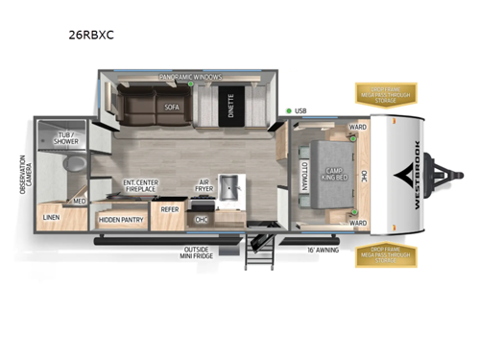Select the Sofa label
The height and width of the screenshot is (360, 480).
click(x=173, y=107)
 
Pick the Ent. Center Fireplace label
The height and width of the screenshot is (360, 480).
click(x=141, y=187)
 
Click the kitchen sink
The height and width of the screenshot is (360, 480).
click(x=229, y=187)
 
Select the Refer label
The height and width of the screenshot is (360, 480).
click(x=169, y=207)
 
